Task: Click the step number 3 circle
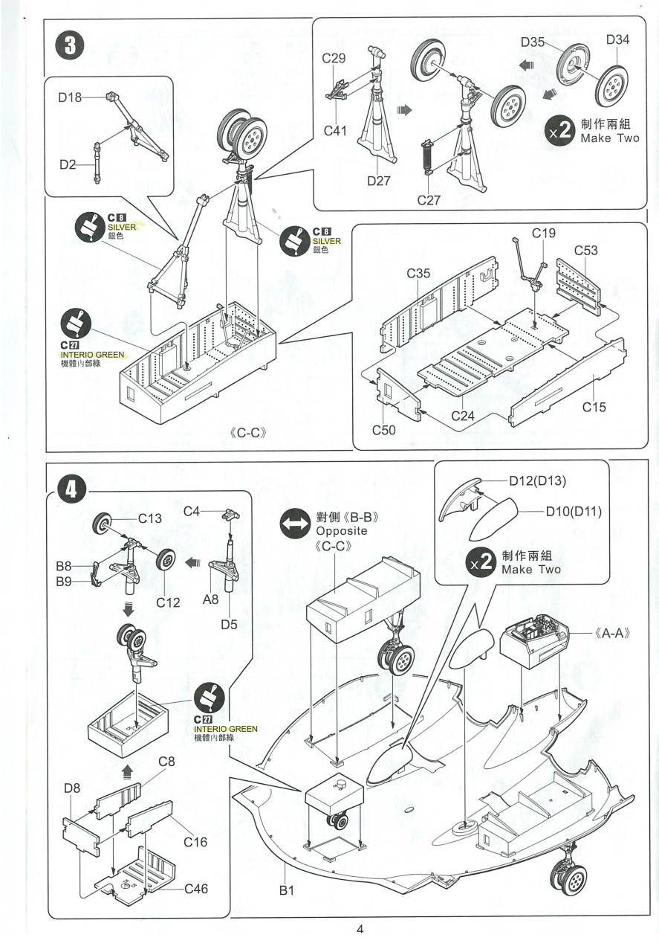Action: coord(69,44)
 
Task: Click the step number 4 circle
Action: coord(69,488)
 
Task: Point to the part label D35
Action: coord(532,42)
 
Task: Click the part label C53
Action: coord(585,251)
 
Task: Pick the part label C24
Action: coord(463,416)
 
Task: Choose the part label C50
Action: coord(384,431)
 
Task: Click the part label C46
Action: coord(196,888)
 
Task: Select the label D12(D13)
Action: coord(538,481)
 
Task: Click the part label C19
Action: coord(543,234)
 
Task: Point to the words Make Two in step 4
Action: coord(531,570)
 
